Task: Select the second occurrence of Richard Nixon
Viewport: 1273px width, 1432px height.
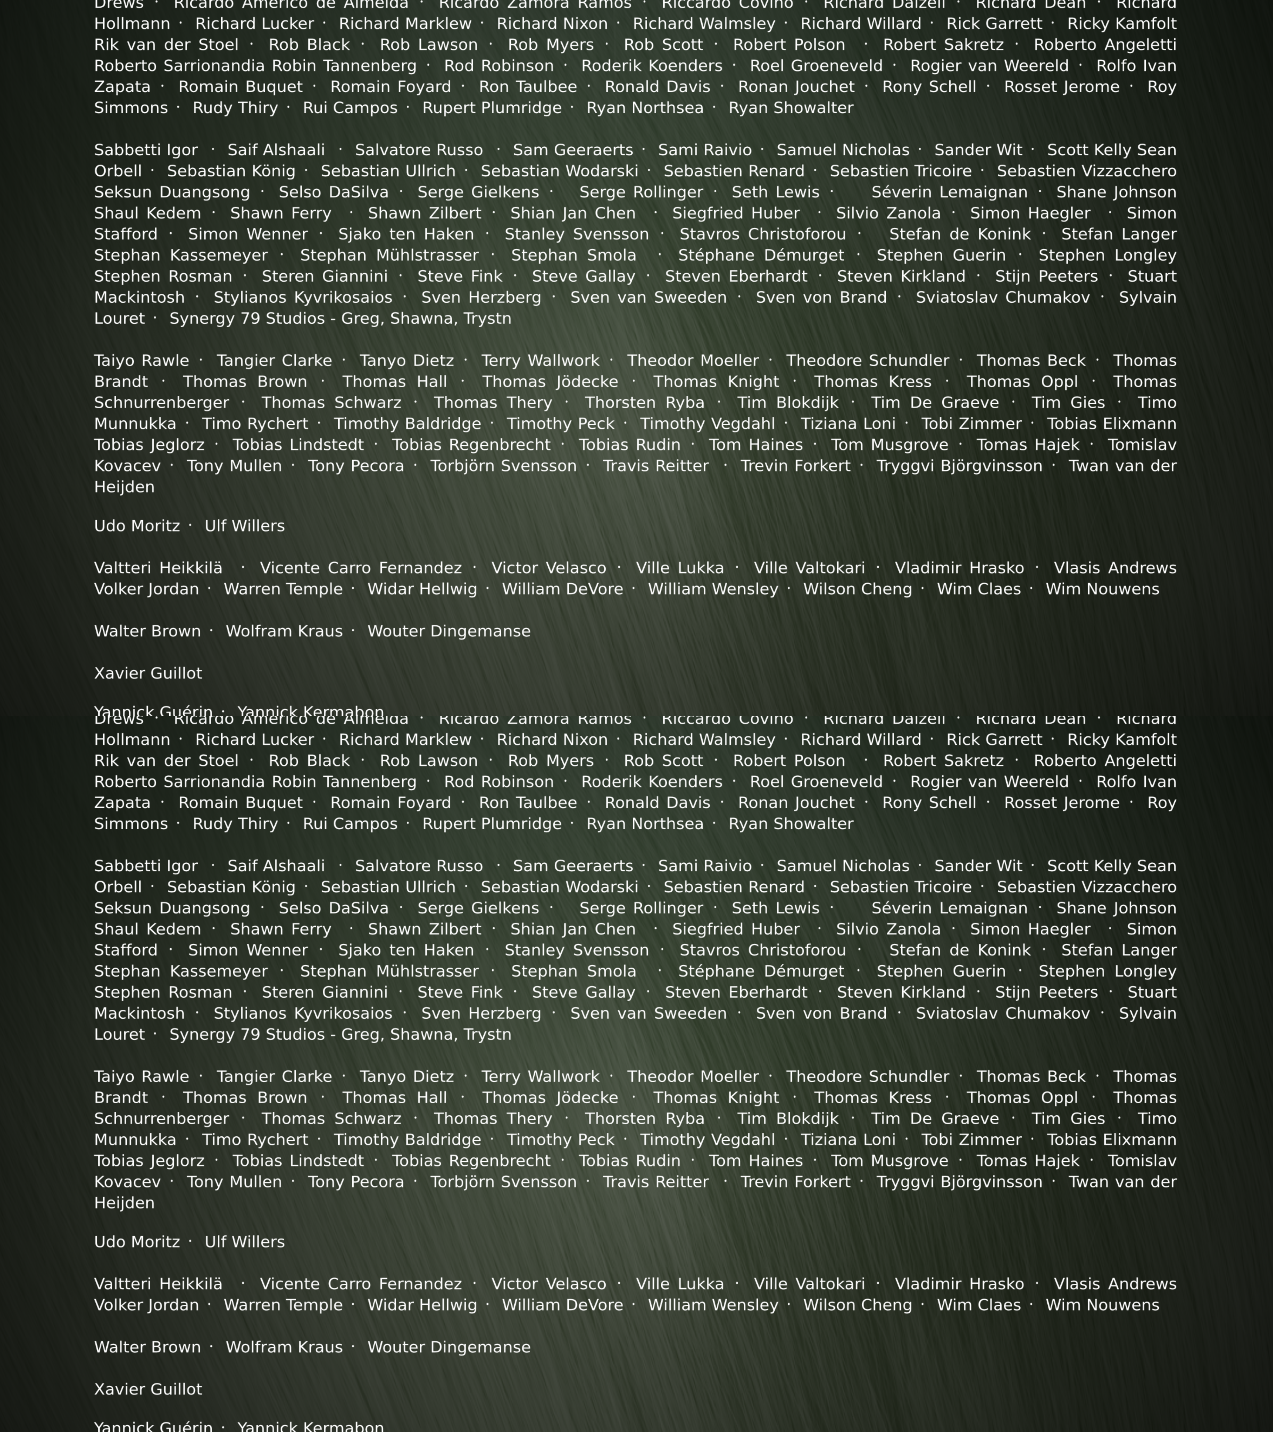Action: point(552,740)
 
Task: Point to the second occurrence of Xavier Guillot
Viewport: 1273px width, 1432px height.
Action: point(148,1389)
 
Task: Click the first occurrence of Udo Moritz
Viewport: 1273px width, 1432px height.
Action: point(137,526)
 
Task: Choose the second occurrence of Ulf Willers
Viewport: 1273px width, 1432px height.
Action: point(244,1242)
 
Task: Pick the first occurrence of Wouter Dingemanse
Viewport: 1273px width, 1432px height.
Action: point(449,631)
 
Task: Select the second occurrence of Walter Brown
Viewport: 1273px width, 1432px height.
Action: point(147,1347)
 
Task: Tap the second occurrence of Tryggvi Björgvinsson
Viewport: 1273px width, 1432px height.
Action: point(959,1182)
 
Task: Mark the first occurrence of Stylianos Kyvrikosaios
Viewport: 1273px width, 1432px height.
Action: point(303,298)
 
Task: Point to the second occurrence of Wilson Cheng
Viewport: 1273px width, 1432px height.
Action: point(858,1305)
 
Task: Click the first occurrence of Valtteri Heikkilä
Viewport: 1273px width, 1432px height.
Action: point(158,568)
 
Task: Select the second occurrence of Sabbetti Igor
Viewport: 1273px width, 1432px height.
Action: point(146,867)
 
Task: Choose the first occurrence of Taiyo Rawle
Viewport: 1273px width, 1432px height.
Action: point(142,361)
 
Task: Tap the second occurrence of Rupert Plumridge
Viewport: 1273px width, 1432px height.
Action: point(492,824)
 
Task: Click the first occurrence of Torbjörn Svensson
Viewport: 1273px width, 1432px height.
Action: point(503,466)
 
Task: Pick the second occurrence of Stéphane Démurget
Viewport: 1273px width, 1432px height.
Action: point(761,972)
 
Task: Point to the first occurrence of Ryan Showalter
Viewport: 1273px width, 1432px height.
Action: point(791,108)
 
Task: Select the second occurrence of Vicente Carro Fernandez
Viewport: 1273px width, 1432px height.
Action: point(361,1284)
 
